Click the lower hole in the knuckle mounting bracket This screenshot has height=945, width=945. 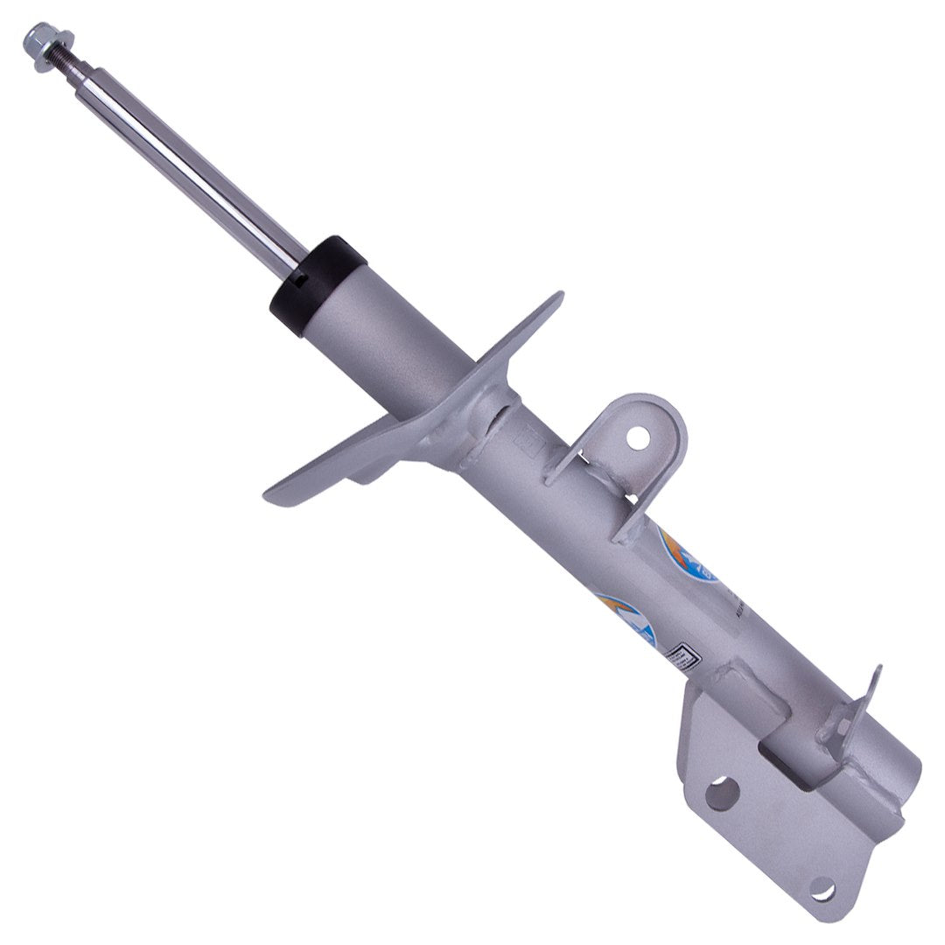822,891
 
